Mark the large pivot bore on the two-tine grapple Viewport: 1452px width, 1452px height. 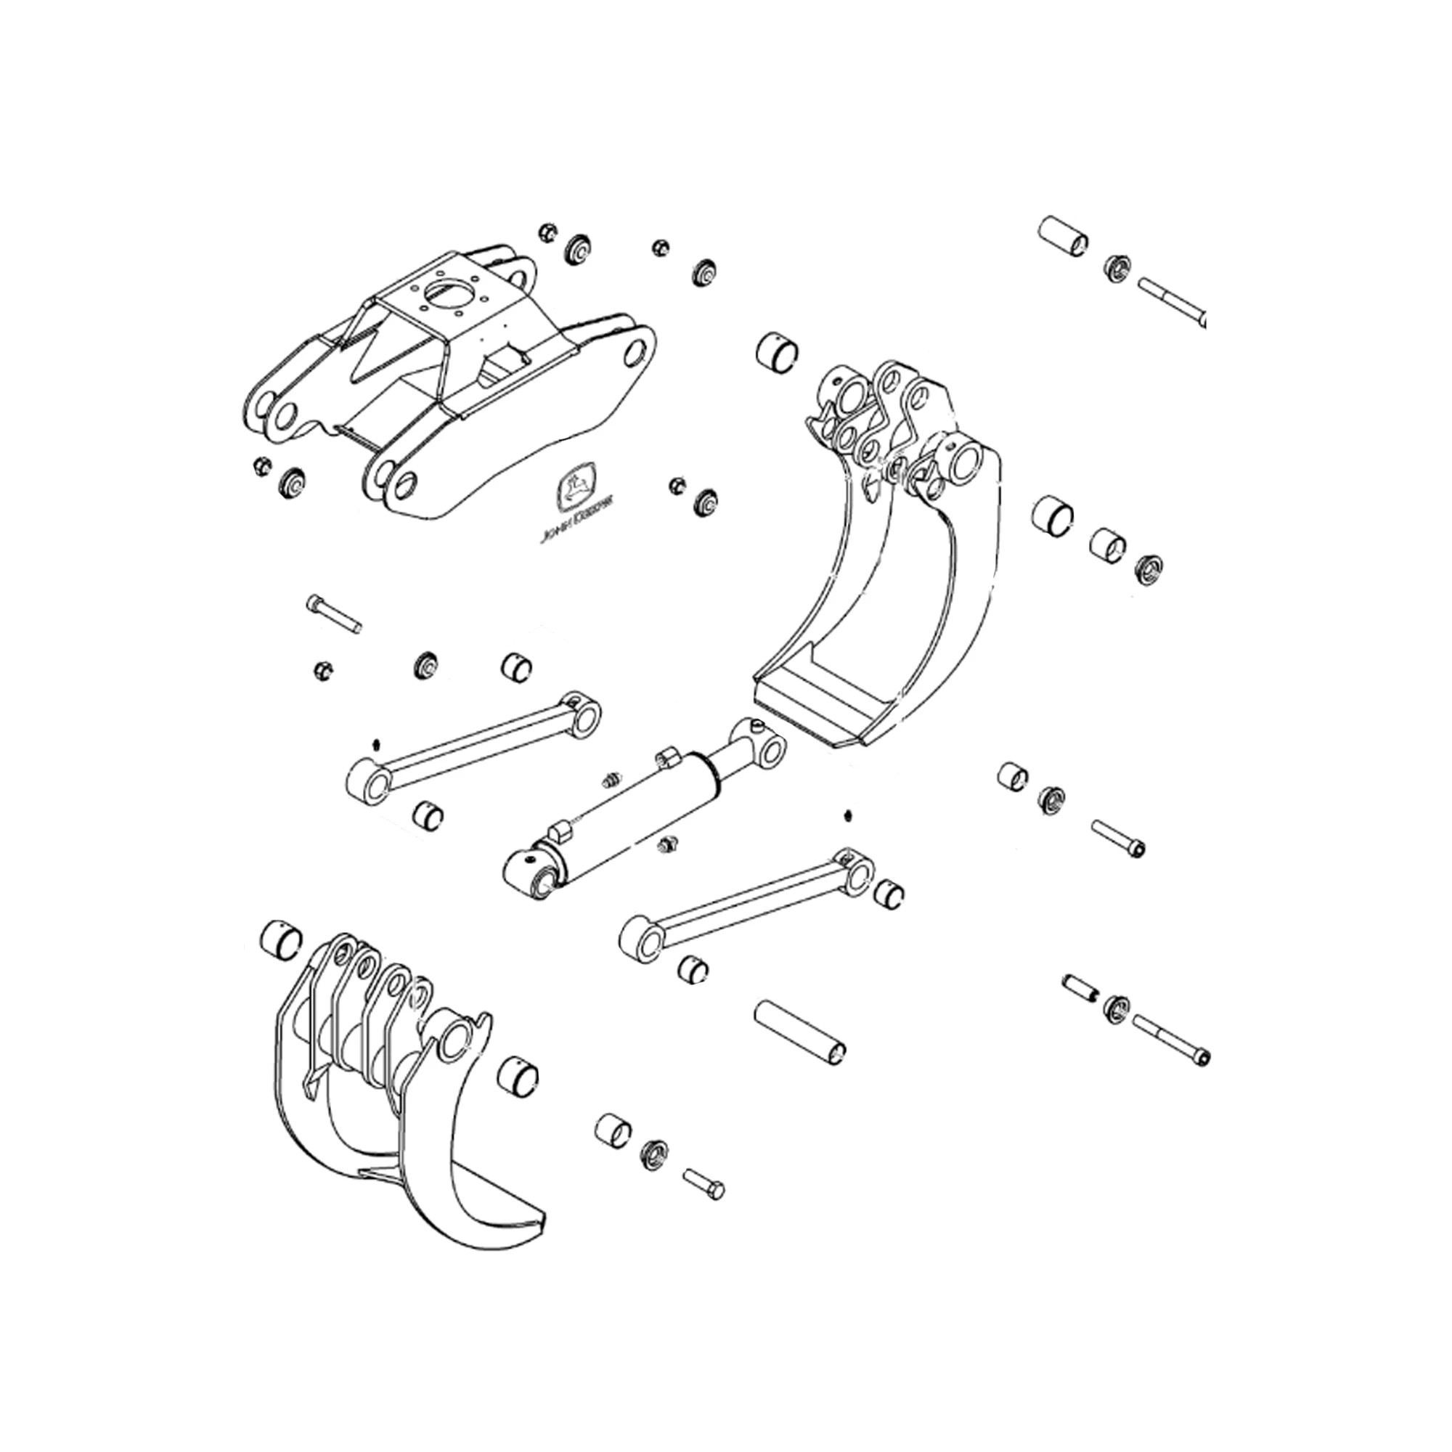(454, 1041)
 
